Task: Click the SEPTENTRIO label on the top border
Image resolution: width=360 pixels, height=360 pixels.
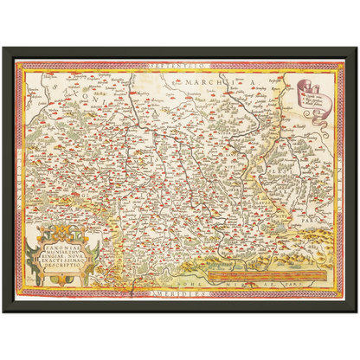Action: (178, 66)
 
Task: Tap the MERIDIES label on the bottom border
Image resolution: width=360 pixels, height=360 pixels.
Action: (178, 295)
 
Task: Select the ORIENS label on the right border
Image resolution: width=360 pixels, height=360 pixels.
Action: (339, 180)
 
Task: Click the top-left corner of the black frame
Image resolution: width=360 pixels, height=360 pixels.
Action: (4, 46)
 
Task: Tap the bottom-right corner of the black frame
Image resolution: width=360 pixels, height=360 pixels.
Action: (356, 313)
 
